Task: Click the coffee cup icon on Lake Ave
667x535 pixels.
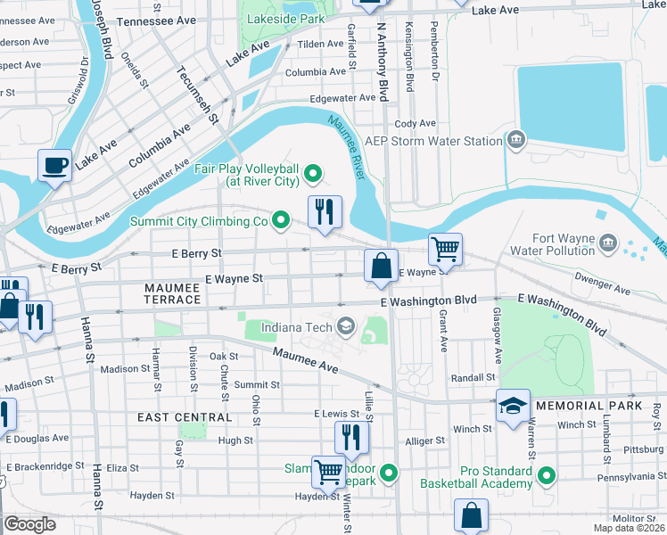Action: pos(54,165)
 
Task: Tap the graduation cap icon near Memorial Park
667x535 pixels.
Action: pos(513,406)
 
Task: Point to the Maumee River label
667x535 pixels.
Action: pos(348,144)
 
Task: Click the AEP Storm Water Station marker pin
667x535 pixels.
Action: pos(516,140)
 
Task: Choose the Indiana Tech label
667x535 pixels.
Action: pos(295,326)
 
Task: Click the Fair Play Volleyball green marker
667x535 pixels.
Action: pos(312,173)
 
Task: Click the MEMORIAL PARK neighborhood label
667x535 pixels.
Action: pos(596,406)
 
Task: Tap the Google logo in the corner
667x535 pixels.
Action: pos(29,524)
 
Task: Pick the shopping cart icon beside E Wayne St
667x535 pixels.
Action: pos(445,249)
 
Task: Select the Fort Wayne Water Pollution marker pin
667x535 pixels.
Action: pos(608,243)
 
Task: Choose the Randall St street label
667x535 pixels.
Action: pos(473,377)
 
